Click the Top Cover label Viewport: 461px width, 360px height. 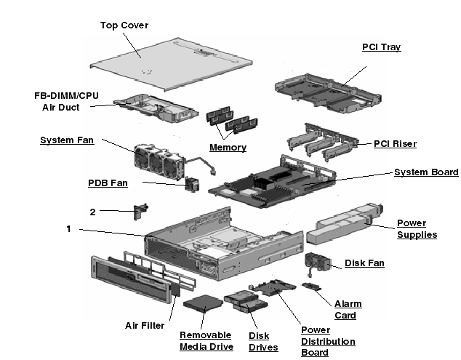coord(124,25)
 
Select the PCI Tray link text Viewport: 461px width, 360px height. coord(381,47)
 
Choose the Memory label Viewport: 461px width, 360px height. coord(228,148)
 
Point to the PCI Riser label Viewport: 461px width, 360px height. coord(395,144)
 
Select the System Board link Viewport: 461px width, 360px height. coord(426,172)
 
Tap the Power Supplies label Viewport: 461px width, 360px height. coord(417,229)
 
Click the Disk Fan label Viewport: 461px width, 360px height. coord(364,263)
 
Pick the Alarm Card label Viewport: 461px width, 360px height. coord(348,310)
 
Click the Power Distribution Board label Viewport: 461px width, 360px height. coord(327,341)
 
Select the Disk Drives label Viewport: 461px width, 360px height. coord(263,341)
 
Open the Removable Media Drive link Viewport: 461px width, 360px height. coord(207,341)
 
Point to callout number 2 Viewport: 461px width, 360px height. coord(92,212)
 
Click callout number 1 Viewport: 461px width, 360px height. coord(68,229)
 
